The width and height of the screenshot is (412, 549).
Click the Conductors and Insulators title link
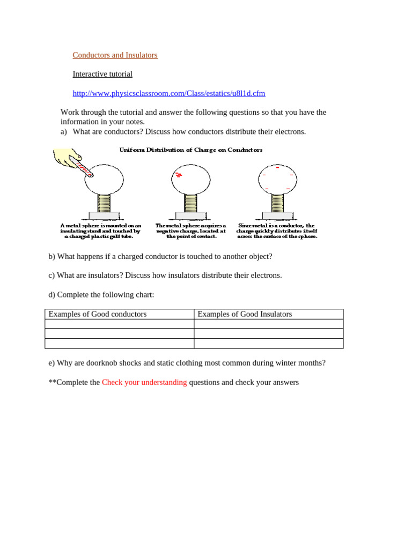115,55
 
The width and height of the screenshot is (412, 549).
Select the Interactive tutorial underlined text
102,74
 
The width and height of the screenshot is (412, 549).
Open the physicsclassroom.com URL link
169,93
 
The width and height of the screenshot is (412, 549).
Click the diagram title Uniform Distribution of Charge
190,150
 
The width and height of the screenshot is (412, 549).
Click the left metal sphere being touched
105,179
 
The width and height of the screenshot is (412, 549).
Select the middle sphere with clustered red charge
190,179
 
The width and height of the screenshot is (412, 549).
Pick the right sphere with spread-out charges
277,179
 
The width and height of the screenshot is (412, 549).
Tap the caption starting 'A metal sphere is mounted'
100,231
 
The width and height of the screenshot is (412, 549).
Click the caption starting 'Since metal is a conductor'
277,231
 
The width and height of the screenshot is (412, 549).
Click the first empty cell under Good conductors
119,324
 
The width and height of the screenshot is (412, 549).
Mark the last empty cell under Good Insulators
268,344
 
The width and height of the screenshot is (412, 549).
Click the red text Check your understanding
144,382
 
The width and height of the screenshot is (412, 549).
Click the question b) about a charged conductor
160,256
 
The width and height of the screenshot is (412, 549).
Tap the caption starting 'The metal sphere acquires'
191,231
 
